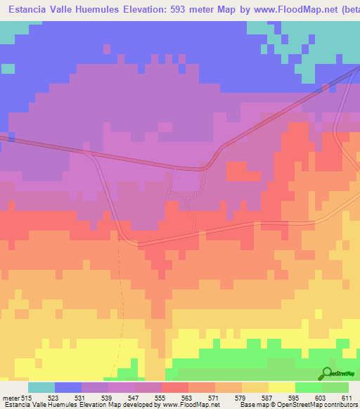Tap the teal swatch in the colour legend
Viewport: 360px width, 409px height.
pos(41,387)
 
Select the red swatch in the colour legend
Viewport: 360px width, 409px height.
pos(175,387)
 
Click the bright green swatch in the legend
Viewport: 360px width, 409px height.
pos(309,387)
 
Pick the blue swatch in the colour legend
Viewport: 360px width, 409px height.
pos(68,387)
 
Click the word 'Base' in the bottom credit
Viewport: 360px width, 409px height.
pos(247,405)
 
